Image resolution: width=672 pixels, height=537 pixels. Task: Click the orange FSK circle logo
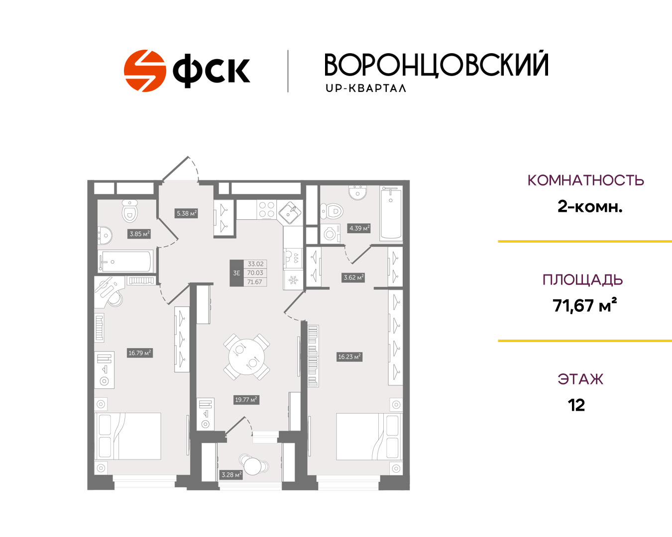pyautogui.click(x=144, y=71)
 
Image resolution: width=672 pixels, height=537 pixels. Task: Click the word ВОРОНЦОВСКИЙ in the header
pyautogui.click(x=437, y=65)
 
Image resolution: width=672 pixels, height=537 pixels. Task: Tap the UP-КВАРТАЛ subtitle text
pyautogui.click(x=366, y=89)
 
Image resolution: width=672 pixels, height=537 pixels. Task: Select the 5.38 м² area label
pyautogui.click(x=187, y=213)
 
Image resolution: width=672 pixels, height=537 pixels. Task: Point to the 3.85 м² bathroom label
pyautogui.click(x=139, y=234)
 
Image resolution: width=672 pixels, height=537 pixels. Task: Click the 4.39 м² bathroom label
pyautogui.click(x=359, y=228)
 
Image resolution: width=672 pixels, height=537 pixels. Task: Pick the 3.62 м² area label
pyautogui.click(x=353, y=277)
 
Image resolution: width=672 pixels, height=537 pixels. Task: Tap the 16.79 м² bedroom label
pyautogui.click(x=139, y=353)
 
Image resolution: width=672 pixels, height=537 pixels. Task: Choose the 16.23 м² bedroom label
pyautogui.click(x=349, y=357)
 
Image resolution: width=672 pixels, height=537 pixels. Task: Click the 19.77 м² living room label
pyautogui.click(x=246, y=400)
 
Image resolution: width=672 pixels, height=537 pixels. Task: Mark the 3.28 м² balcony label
pyautogui.click(x=231, y=475)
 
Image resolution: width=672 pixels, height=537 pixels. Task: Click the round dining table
pyautogui.click(x=246, y=357)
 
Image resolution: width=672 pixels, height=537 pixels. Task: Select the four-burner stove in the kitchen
pyautogui.click(x=266, y=209)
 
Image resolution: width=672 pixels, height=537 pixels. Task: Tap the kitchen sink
pyautogui.click(x=290, y=212)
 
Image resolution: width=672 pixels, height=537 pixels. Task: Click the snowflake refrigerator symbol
pyautogui.click(x=293, y=280)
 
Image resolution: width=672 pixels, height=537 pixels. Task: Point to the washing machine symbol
pyautogui.click(x=330, y=233)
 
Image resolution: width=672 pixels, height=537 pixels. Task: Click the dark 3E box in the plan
pyautogui.click(x=236, y=273)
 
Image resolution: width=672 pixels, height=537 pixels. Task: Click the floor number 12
pyautogui.click(x=576, y=405)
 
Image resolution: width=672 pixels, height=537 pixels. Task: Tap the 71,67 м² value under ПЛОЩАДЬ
pyautogui.click(x=584, y=305)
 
